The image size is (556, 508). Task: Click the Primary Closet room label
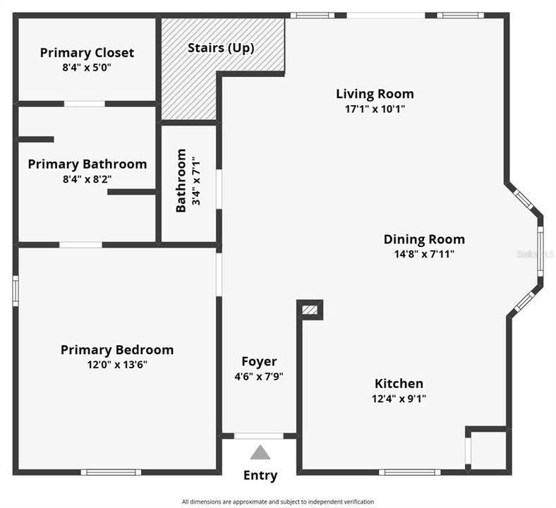coord(87,53)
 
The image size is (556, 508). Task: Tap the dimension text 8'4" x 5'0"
coord(87,68)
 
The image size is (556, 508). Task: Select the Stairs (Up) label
coord(220,48)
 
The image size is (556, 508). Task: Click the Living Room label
coord(375,94)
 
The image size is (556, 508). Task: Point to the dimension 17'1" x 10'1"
coord(375,109)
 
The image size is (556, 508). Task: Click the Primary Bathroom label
coord(87,164)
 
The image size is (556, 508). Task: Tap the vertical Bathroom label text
coord(181,180)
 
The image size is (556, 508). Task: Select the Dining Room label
coord(424,239)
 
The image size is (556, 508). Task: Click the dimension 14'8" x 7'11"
coord(424,254)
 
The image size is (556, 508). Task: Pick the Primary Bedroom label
coord(117,350)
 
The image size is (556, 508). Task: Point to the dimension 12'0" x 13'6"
coord(117,365)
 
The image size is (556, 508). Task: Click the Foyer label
coord(259,362)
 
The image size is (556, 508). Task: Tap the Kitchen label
coord(399,384)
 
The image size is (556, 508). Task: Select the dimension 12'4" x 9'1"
coord(399,399)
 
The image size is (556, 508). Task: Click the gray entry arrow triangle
coord(260,453)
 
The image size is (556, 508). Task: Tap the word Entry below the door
coord(260,476)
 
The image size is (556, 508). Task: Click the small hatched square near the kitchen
coord(310,309)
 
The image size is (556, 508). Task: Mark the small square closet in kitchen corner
coord(488,449)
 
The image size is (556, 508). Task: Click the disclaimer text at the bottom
coord(277,502)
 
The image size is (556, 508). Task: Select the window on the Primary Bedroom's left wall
coord(15,291)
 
